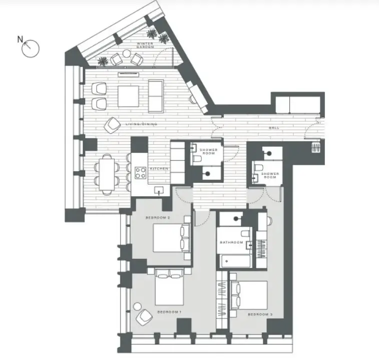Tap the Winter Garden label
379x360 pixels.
[145, 45]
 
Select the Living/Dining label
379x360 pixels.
[141, 124]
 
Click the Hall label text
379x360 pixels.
[274, 128]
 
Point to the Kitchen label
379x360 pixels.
[159, 169]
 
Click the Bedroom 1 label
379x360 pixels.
[169, 312]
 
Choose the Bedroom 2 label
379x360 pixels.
[158, 218]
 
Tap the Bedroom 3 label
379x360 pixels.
[260, 314]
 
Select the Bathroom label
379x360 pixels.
[231, 242]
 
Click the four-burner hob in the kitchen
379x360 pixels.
[140, 173]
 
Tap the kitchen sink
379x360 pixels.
[159, 191]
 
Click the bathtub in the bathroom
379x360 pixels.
[234, 261]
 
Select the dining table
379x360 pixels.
[107, 174]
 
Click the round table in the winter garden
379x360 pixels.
[126, 53]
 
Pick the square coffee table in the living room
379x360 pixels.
[128, 96]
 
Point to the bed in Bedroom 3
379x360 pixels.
[249, 295]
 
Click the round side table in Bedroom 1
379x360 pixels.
[137, 306]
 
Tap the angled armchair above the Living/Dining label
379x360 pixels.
[112, 125]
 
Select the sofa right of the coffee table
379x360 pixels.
[156, 96]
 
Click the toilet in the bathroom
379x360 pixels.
[246, 233]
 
